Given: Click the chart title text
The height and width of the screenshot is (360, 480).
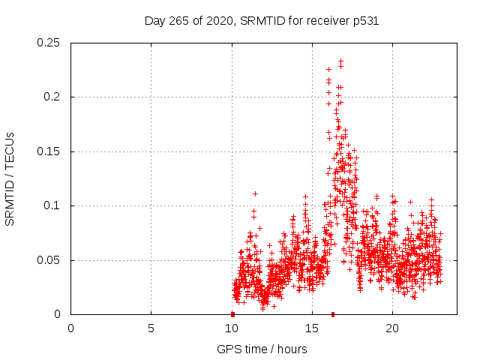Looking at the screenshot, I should (x=261, y=21).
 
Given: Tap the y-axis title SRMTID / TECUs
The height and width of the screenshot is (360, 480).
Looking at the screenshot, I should (x=10, y=178).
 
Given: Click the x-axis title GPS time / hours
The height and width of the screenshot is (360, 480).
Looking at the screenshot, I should (x=261, y=349).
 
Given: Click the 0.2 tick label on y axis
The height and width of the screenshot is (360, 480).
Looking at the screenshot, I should (x=52, y=97).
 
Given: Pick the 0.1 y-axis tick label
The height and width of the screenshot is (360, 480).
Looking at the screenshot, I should (x=52, y=205).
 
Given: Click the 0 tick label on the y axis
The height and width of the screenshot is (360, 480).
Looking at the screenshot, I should (x=58, y=314).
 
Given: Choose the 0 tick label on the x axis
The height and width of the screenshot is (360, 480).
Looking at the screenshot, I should (x=70, y=328).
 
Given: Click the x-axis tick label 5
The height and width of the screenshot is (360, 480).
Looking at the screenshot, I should (x=151, y=328).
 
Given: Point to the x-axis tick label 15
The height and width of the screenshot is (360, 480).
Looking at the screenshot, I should (x=311, y=328).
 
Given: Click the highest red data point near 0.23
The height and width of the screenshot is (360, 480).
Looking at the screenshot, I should (x=340, y=61).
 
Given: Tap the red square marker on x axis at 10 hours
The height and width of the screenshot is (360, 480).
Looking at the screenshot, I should (x=232, y=314).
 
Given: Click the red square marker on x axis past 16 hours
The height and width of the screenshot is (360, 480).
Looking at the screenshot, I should (x=332, y=314).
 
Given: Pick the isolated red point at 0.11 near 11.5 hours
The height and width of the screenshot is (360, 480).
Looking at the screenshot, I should (x=255, y=193).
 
